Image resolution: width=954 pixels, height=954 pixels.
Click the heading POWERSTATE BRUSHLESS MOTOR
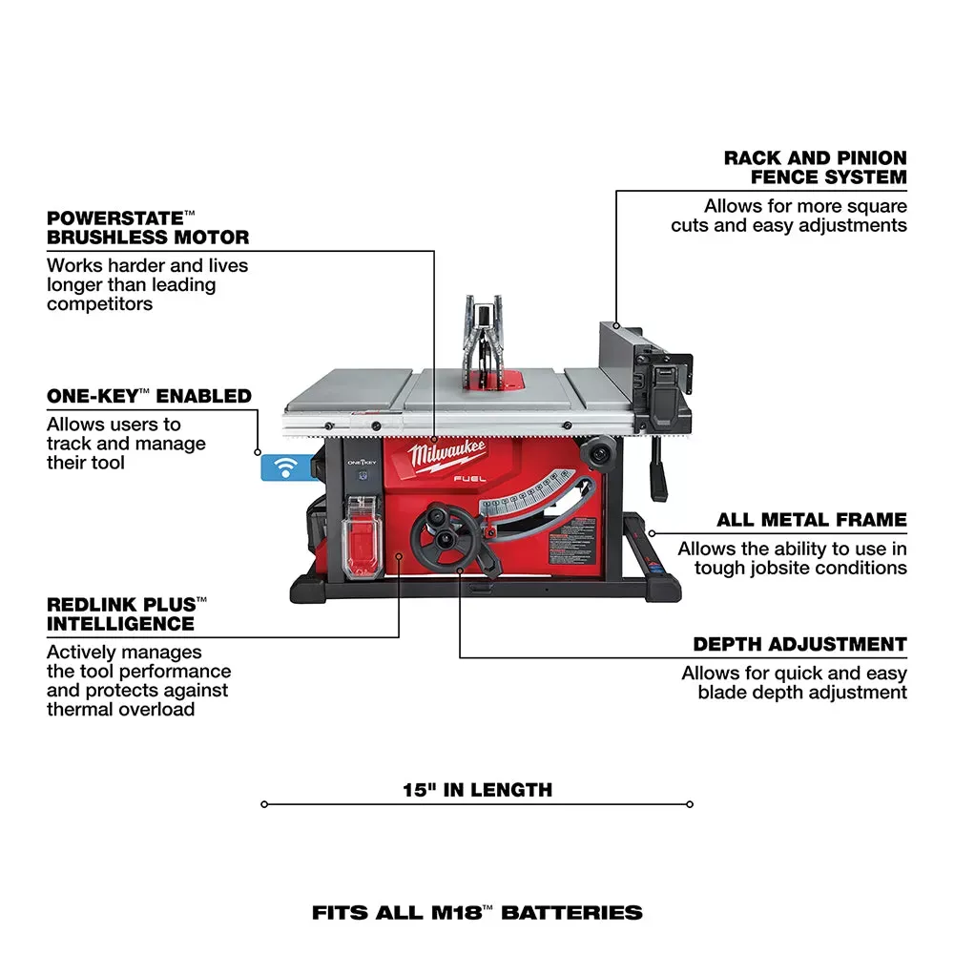[148, 227]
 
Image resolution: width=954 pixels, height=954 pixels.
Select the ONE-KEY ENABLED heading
[149, 396]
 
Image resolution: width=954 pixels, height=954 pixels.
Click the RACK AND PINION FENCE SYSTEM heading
[815, 167]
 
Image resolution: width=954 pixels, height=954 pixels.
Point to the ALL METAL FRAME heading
[811, 520]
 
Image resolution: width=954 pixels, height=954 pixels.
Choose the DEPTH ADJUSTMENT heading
[799, 645]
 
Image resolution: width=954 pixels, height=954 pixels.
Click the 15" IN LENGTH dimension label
[477, 790]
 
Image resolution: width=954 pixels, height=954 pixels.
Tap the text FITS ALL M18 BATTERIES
[477, 913]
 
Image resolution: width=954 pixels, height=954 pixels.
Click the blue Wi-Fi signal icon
[281, 467]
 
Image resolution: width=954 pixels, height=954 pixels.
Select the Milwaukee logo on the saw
[449, 454]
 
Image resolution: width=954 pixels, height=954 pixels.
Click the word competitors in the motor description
[99, 304]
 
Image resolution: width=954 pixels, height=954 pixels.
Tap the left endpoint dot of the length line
[264, 804]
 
